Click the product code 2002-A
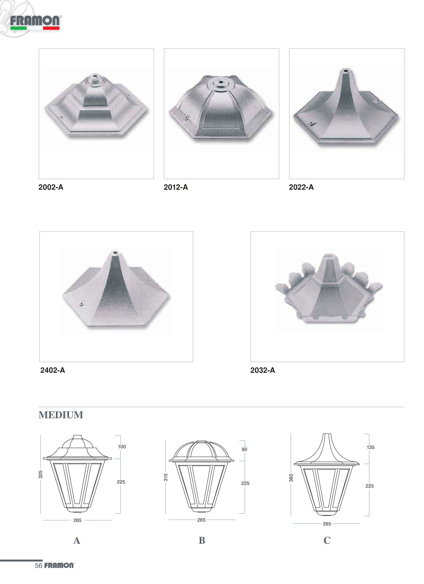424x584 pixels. click(51, 187)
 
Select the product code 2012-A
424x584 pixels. click(176, 187)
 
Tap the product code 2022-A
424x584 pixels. click(301, 187)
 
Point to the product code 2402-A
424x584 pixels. click(53, 370)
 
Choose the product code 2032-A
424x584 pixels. click(263, 370)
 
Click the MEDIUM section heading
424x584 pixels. click(61, 415)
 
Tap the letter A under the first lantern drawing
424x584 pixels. click(77, 540)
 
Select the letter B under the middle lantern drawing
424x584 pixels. click(202, 540)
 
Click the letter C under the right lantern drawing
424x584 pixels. click(327, 540)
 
